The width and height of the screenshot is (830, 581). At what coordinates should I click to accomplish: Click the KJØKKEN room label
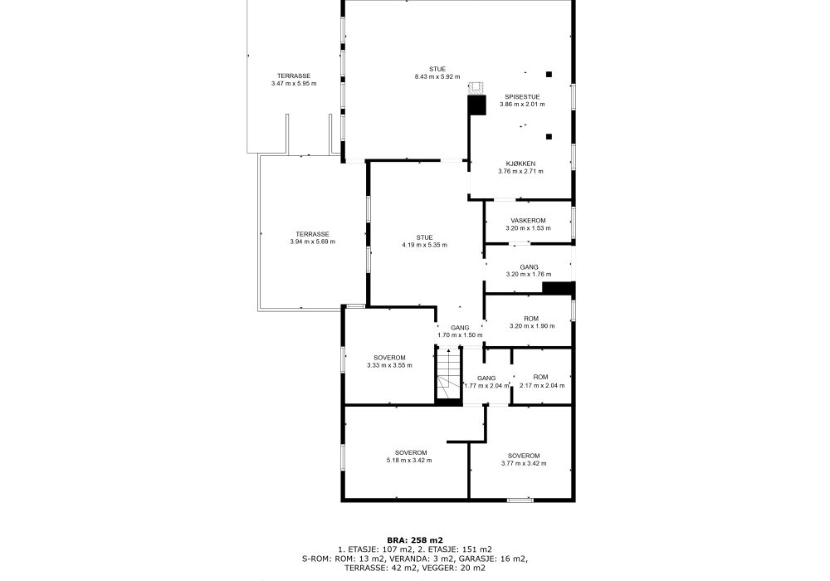pos(520,164)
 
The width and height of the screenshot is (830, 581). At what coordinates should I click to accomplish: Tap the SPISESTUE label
pos(522,97)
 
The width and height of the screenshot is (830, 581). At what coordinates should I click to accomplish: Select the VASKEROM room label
pos(528,221)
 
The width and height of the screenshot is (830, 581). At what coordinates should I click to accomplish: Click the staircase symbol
pos(449,374)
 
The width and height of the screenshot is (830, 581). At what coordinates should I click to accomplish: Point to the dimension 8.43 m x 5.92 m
pos(437,76)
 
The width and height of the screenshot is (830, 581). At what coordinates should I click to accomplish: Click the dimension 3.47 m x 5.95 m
pos(294,84)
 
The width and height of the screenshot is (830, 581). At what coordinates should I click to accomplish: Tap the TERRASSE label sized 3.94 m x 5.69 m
pos(312,234)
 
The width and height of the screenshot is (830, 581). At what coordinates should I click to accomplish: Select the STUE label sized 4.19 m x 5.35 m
pos(424,237)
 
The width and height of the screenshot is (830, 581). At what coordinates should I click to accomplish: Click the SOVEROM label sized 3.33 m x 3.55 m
pos(389,358)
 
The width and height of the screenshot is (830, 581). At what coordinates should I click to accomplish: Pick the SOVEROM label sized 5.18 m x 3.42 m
pos(411,453)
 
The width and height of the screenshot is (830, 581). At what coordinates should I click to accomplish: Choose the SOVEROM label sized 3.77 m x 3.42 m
pos(524,456)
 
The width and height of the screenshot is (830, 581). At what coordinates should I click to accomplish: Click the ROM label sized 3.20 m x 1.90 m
pos(531,319)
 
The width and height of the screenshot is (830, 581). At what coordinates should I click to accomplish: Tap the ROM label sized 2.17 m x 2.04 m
pos(540,378)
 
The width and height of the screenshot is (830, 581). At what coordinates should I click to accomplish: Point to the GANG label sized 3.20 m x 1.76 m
pos(529,267)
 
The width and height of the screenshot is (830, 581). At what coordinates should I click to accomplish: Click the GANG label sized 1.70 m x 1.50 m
pos(460,328)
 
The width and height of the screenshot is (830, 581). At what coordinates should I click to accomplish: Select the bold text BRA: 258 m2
pos(415,540)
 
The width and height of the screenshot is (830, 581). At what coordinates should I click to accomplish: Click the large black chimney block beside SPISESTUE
pos(477,105)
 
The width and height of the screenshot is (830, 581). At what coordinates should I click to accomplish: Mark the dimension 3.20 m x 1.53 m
pos(528,228)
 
